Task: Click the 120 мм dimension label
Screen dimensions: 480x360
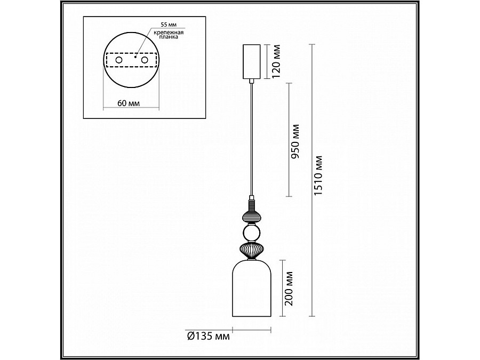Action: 276,61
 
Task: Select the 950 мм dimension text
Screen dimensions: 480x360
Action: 295,141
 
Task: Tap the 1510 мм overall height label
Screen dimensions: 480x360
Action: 319,175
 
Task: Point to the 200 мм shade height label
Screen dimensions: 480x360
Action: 289,289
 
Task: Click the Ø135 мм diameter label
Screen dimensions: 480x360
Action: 208,337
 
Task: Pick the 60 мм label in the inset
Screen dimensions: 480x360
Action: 129,103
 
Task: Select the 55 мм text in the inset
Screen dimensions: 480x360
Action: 169,24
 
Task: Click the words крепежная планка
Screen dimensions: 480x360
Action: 169,35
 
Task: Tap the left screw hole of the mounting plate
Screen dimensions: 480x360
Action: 118,60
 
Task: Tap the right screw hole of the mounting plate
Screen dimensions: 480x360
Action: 145,60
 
